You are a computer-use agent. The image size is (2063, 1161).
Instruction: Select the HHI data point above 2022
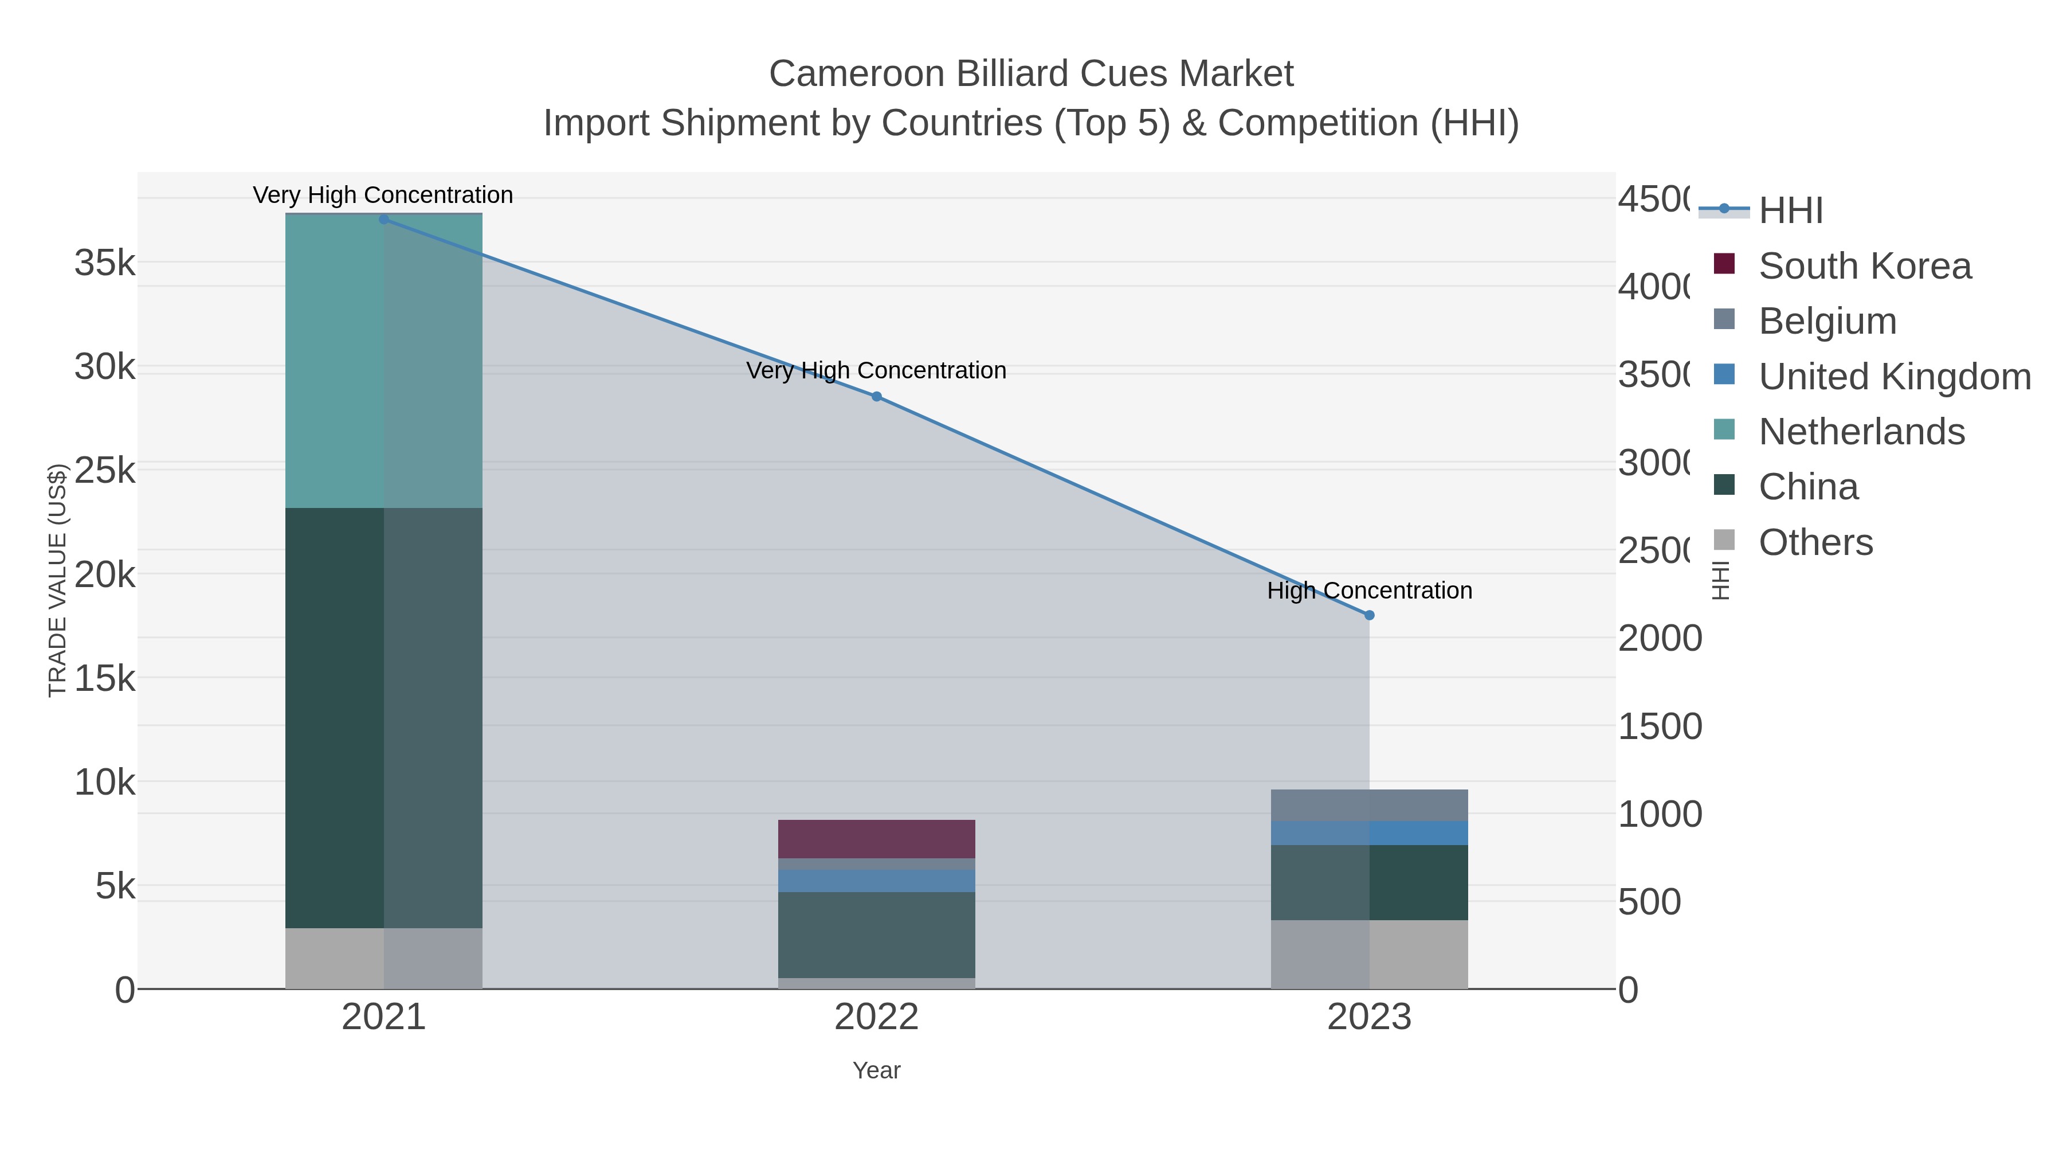pos(876,397)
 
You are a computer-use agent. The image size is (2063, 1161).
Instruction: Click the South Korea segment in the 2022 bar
pos(876,839)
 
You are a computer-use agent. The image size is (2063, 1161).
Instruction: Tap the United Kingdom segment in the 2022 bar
pos(876,881)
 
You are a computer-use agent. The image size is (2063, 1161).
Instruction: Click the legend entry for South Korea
pos(1864,266)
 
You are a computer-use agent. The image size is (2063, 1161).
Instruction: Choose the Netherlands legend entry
pos(1861,432)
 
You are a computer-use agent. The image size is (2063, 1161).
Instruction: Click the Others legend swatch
pos(1724,540)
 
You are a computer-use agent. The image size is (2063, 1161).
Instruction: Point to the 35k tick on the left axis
pos(105,263)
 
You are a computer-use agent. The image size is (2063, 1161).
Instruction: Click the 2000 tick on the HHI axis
pos(1660,639)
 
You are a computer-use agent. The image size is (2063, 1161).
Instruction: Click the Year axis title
pos(876,1070)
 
